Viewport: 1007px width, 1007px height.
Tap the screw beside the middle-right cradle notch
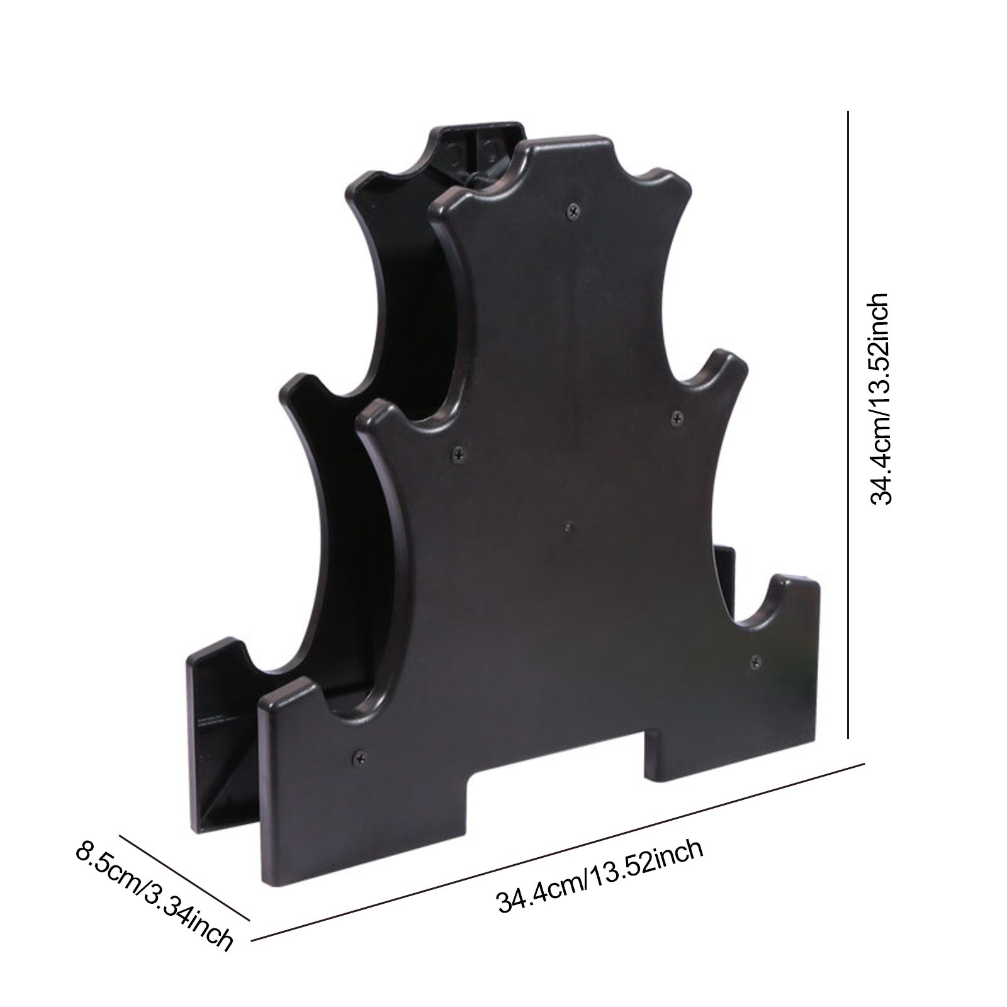pyautogui.click(x=677, y=417)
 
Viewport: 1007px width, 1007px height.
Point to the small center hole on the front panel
pyautogui.click(x=568, y=527)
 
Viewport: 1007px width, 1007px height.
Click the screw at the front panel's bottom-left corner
pyautogui.click(x=361, y=757)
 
